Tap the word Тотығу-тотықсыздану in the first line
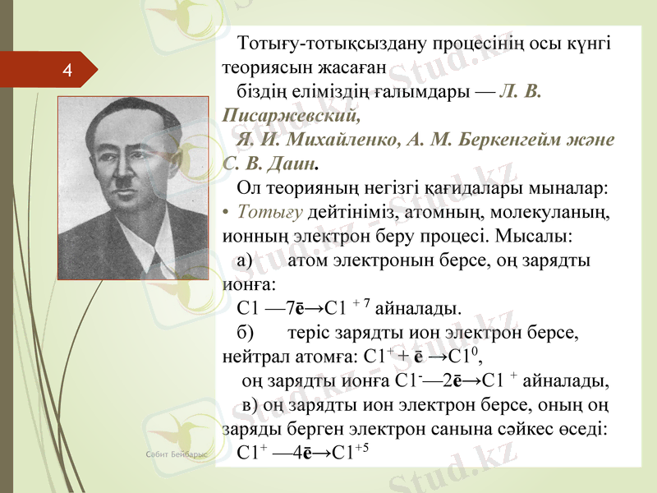pyautogui.click(x=332, y=43)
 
